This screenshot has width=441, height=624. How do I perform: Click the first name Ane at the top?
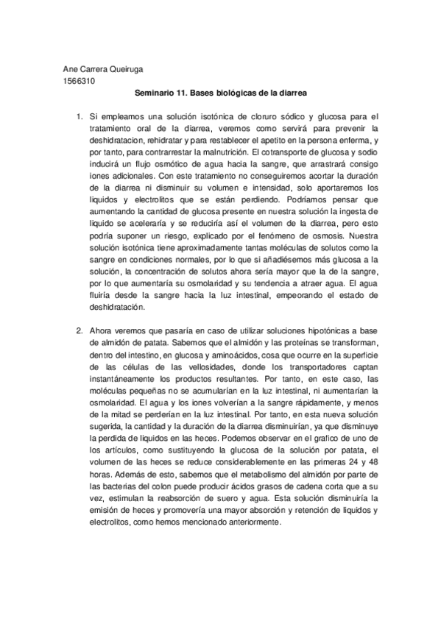[71, 70]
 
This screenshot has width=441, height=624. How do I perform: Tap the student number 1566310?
[79, 81]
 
